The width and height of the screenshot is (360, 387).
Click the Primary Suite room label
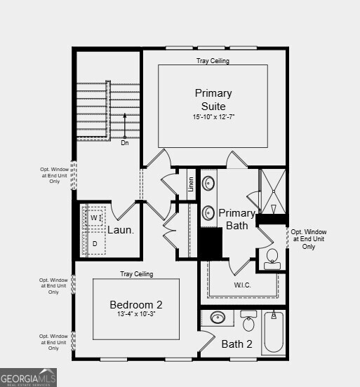[x=213, y=100]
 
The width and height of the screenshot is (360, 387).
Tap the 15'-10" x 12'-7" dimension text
[x=213, y=116]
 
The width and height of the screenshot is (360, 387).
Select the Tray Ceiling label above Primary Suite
[x=213, y=61]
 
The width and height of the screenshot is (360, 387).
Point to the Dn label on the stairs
[x=125, y=143]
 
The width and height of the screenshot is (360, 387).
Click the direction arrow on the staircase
[x=125, y=126]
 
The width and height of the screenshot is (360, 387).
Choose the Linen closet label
[x=191, y=184]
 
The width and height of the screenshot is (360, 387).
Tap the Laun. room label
[x=121, y=229]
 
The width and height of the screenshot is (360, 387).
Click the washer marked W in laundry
[x=94, y=218]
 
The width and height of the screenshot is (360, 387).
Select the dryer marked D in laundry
[x=94, y=243]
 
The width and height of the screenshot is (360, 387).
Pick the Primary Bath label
[x=236, y=219]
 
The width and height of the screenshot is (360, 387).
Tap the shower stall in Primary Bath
[x=272, y=191]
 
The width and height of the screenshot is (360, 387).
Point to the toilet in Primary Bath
[x=272, y=259]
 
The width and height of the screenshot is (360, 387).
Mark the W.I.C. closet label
[x=243, y=285]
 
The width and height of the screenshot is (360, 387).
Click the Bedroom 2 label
[x=136, y=304]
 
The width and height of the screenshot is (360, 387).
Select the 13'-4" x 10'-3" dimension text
[x=136, y=315]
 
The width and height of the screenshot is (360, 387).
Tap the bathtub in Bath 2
[x=274, y=333]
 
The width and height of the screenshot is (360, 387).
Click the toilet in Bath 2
[x=248, y=322]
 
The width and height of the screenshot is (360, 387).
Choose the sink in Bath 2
[x=218, y=318]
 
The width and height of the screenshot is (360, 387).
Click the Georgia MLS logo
[x=28, y=379]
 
